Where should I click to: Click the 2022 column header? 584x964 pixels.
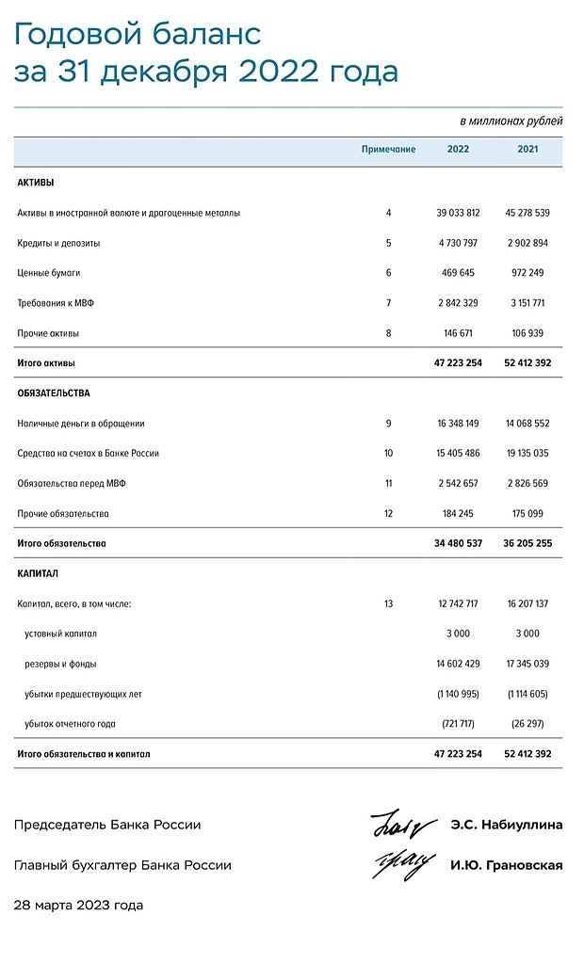pyautogui.click(x=458, y=150)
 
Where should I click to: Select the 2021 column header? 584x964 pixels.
pyautogui.click(x=528, y=150)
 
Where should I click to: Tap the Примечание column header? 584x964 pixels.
pyautogui.click(x=388, y=150)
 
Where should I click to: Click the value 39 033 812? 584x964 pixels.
pyautogui.click(x=458, y=213)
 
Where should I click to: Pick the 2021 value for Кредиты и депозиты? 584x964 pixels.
pyautogui.click(x=528, y=243)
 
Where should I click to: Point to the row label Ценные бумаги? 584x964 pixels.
pyautogui.click(x=49, y=273)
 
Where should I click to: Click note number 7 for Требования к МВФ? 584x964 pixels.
pyautogui.click(x=388, y=303)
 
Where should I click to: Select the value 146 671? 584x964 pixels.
pyautogui.click(x=458, y=333)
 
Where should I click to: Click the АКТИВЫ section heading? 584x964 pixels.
pyautogui.click(x=36, y=183)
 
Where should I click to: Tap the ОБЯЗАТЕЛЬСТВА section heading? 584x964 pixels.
pyautogui.click(x=54, y=393)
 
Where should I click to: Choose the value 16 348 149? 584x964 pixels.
pyautogui.click(x=458, y=424)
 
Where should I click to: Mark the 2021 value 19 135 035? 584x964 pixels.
pyautogui.click(x=528, y=453)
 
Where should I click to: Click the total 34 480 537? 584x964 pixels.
pyautogui.click(x=458, y=543)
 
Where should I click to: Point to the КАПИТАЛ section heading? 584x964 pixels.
pyautogui.click(x=38, y=572)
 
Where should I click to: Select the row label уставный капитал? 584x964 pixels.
pyautogui.click(x=61, y=634)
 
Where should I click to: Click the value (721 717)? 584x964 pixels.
pyautogui.click(x=458, y=724)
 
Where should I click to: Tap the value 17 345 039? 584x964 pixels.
pyautogui.click(x=528, y=664)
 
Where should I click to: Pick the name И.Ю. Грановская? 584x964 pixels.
pyautogui.click(x=506, y=865)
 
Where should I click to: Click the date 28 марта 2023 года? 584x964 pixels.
pyautogui.click(x=78, y=906)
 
